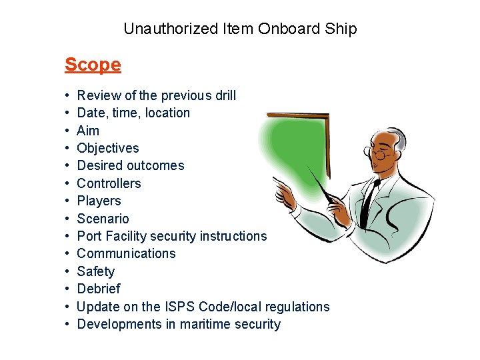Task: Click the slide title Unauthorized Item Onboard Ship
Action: pyautogui.click(x=240, y=29)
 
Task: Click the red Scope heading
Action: pyautogui.click(x=93, y=65)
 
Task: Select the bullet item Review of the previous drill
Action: pyautogui.click(x=156, y=95)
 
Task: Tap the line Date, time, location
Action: pyautogui.click(x=133, y=113)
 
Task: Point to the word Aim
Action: pyautogui.click(x=88, y=131)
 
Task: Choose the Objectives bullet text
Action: pyautogui.click(x=108, y=148)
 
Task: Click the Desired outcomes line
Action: pyautogui.click(x=131, y=165)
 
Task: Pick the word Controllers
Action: pyautogui.click(x=109, y=183)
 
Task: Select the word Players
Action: pyautogui.click(x=99, y=201)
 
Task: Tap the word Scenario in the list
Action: pyautogui.click(x=103, y=219)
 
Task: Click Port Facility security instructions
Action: pyautogui.click(x=171, y=236)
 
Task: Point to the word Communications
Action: pyautogui.click(x=126, y=253)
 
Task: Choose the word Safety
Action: pyautogui.click(x=95, y=271)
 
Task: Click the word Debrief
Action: pyautogui.click(x=99, y=289)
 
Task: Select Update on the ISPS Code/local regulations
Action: pyautogui.click(x=203, y=307)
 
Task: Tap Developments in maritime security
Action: pyautogui.click(x=179, y=324)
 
